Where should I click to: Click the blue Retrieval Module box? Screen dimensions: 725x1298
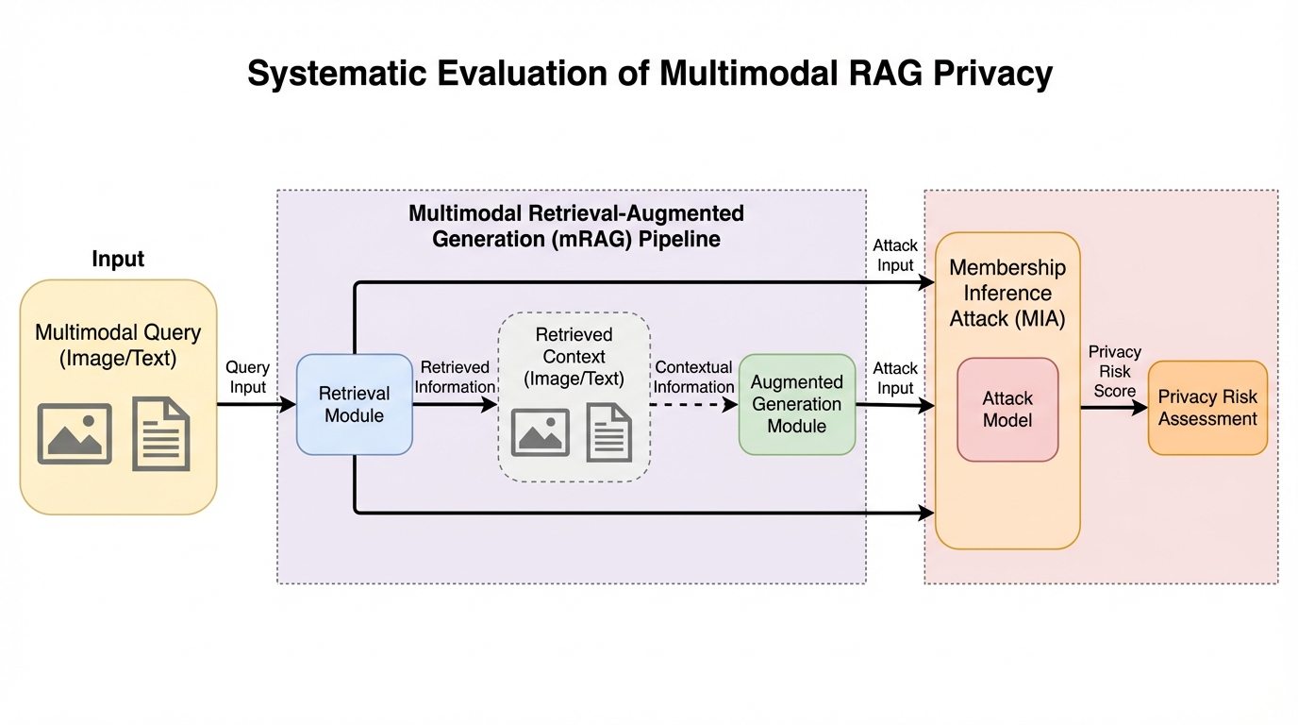click(x=354, y=404)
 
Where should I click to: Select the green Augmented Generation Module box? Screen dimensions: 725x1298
click(x=796, y=404)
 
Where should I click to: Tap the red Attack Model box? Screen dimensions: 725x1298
click(x=1007, y=409)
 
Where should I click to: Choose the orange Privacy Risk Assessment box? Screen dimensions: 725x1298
click(x=1207, y=408)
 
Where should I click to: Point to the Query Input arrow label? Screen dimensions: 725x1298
click(x=247, y=377)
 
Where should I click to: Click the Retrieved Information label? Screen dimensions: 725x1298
click(x=455, y=377)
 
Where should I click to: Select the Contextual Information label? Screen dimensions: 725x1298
click(x=693, y=377)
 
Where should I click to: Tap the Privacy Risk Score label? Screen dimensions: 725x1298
click(x=1114, y=371)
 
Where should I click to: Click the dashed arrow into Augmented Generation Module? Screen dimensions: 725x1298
click(x=693, y=405)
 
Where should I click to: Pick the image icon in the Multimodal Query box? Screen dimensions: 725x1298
click(x=75, y=433)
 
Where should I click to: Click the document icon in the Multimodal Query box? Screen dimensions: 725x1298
click(x=161, y=433)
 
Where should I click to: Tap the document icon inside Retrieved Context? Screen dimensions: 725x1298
click(x=608, y=432)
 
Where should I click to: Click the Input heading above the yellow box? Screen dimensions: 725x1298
click(x=118, y=259)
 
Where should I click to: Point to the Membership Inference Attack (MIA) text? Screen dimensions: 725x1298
click(x=1007, y=293)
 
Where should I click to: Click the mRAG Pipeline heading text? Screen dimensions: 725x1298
click(x=575, y=226)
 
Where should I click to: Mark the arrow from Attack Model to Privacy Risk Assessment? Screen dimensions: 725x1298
click(x=1113, y=407)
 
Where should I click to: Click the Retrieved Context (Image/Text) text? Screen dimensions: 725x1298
click(x=574, y=357)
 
